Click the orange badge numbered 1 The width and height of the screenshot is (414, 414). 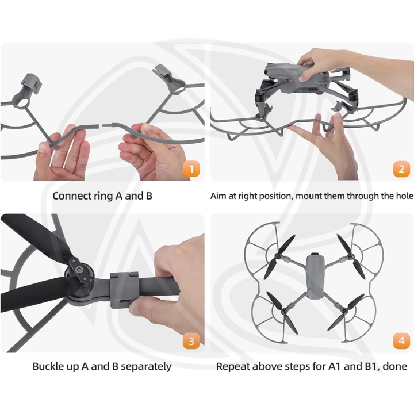click(x=191, y=168)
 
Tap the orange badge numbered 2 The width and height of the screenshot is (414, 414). click(x=401, y=168)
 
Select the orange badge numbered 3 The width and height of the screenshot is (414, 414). click(x=191, y=341)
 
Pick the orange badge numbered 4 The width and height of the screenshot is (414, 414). click(x=401, y=341)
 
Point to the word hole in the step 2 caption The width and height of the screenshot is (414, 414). click(x=404, y=196)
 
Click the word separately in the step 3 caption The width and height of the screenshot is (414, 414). click(x=146, y=367)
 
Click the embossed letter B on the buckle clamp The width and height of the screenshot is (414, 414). click(x=123, y=286)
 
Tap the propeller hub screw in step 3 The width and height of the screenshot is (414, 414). click(x=78, y=270)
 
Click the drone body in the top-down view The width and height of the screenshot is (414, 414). click(x=315, y=276)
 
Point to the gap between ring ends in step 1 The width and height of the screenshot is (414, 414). click(x=101, y=126)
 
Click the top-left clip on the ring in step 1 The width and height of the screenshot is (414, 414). click(x=31, y=83)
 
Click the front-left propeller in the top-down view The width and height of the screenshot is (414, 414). click(x=279, y=256)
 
